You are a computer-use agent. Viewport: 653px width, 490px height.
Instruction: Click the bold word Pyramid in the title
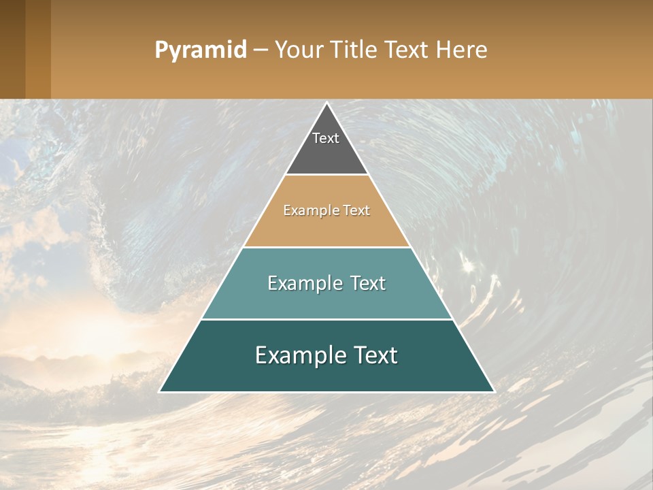(200, 50)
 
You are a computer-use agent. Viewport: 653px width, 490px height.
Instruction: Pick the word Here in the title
(463, 50)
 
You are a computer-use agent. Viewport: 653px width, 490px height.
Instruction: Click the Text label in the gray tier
(326, 138)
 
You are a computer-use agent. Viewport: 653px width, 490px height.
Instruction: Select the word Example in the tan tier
(305, 210)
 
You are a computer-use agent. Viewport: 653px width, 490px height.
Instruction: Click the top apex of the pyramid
(326, 103)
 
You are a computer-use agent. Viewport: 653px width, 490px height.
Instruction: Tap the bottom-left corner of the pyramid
(161, 391)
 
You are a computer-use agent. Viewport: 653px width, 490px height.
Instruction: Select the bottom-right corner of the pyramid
(493, 391)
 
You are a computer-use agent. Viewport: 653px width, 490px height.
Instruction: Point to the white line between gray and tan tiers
(326, 175)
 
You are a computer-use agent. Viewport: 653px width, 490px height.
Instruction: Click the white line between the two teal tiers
(326, 319)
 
